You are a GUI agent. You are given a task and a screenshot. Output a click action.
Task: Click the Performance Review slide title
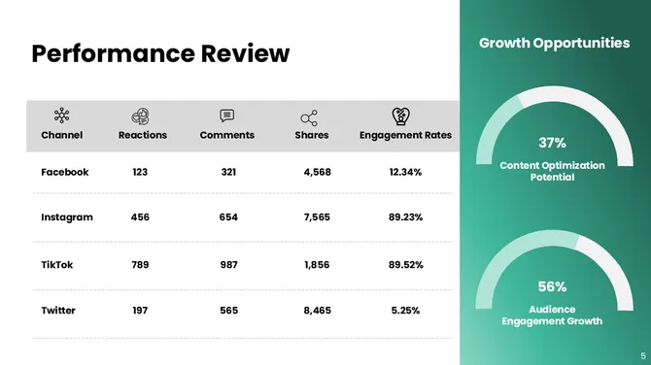[160, 53]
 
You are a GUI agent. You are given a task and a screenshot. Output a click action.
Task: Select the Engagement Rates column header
[405, 135]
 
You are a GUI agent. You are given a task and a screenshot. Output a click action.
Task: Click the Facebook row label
[65, 172]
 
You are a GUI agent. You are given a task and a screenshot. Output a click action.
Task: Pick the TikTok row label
[57, 264]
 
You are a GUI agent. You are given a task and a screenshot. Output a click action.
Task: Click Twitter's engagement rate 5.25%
[405, 311]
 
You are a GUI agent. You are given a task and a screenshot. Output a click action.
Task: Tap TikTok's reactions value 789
[140, 264]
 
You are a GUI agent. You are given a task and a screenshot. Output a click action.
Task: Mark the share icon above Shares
[309, 117]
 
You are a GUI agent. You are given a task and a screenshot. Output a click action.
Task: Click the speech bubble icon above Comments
[227, 116]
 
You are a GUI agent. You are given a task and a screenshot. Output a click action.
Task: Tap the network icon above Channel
[61, 116]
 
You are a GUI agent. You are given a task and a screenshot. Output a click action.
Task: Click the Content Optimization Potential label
[552, 172]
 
